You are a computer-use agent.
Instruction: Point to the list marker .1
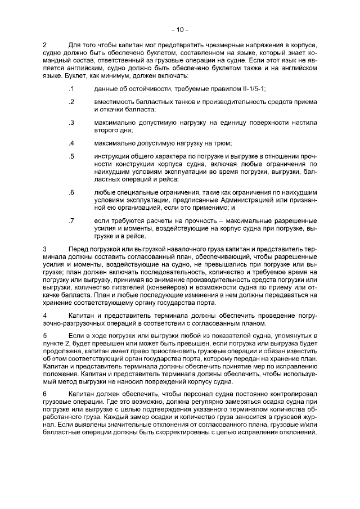[x=71, y=89]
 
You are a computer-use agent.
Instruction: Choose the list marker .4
[x=71, y=142]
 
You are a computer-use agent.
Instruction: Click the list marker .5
[x=71, y=155]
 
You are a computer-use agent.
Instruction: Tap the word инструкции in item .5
[x=112, y=155]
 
